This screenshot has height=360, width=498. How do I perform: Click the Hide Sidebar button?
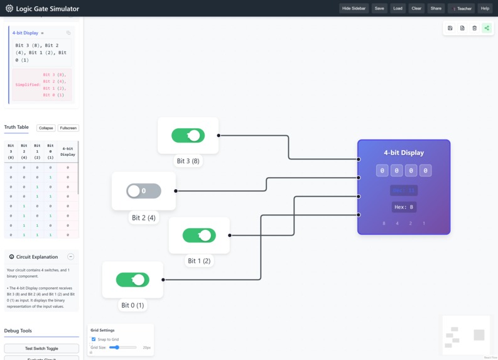click(x=354, y=8)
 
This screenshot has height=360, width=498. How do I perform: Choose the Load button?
click(x=398, y=8)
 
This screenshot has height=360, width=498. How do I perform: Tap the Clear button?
click(x=416, y=8)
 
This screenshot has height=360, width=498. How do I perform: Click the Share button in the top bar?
click(x=436, y=8)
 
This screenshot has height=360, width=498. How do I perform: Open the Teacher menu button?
click(x=462, y=8)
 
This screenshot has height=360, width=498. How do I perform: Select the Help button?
click(x=485, y=8)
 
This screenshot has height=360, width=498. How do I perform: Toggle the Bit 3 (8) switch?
click(x=188, y=135)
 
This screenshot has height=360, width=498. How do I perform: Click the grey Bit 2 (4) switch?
click(x=144, y=190)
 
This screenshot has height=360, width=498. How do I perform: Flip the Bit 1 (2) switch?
click(x=199, y=235)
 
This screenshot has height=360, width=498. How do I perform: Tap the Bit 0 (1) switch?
click(x=133, y=280)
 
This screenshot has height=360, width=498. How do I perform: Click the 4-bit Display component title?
click(x=404, y=153)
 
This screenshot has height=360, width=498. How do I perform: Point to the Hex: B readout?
click(x=403, y=207)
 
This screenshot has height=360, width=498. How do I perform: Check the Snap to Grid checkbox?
click(x=94, y=339)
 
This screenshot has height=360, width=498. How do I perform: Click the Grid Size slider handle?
click(x=117, y=347)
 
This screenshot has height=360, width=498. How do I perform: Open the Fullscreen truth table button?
click(x=68, y=128)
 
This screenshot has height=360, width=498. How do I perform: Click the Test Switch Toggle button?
click(x=41, y=348)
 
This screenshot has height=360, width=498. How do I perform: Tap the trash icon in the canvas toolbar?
click(x=474, y=28)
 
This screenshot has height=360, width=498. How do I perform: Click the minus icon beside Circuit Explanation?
click(x=70, y=257)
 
